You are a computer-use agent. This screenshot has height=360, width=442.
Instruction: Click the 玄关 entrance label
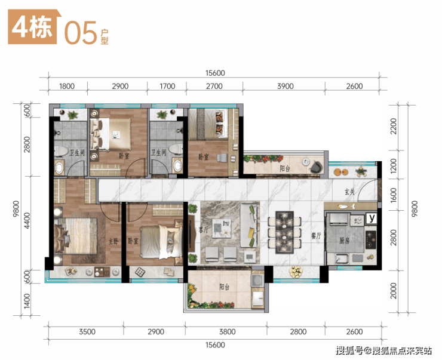pyautogui.click(x=349, y=192)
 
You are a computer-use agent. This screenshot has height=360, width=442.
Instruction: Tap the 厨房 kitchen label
pyautogui.click(x=344, y=241)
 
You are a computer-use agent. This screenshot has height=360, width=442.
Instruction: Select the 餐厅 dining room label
pyautogui.click(x=316, y=235)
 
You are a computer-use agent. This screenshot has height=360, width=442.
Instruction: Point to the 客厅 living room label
pyautogui.click(x=204, y=230)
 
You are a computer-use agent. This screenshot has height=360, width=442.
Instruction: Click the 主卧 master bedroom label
pyautogui.click(x=113, y=241)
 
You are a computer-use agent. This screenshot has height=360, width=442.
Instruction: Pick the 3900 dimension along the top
pyautogui.click(x=286, y=86)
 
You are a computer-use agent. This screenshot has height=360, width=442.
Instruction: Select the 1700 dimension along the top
pyautogui.click(x=167, y=86)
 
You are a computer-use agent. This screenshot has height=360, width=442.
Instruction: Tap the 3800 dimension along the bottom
pyautogui.click(x=227, y=331)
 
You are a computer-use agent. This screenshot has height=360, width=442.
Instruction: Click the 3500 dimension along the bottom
pyautogui.click(x=87, y=331)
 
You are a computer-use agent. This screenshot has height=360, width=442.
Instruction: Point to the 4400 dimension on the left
pyautogui.click(x=27, y=220)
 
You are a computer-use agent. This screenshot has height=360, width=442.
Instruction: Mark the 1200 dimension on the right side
pyautogui.click(x=394, y=166)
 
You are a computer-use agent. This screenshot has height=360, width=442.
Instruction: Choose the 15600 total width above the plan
pyautogui.click(x=215, y=73)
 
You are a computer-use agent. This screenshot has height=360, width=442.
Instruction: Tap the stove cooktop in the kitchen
pyautogui.click(x=371, y=239)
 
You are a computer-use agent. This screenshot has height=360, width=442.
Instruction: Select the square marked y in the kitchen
pyautogui.click(x=372, y=218)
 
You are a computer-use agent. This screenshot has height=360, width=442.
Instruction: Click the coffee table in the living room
pyautogui.click(x=222, y=228)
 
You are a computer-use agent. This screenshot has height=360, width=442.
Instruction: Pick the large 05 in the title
pyautogui.click(x=81, y=33)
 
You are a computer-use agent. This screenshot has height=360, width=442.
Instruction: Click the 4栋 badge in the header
pyautogui.click(x=33, y=27)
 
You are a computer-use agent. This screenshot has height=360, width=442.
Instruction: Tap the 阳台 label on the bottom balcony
pyautogui.click(x=225, y=287)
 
